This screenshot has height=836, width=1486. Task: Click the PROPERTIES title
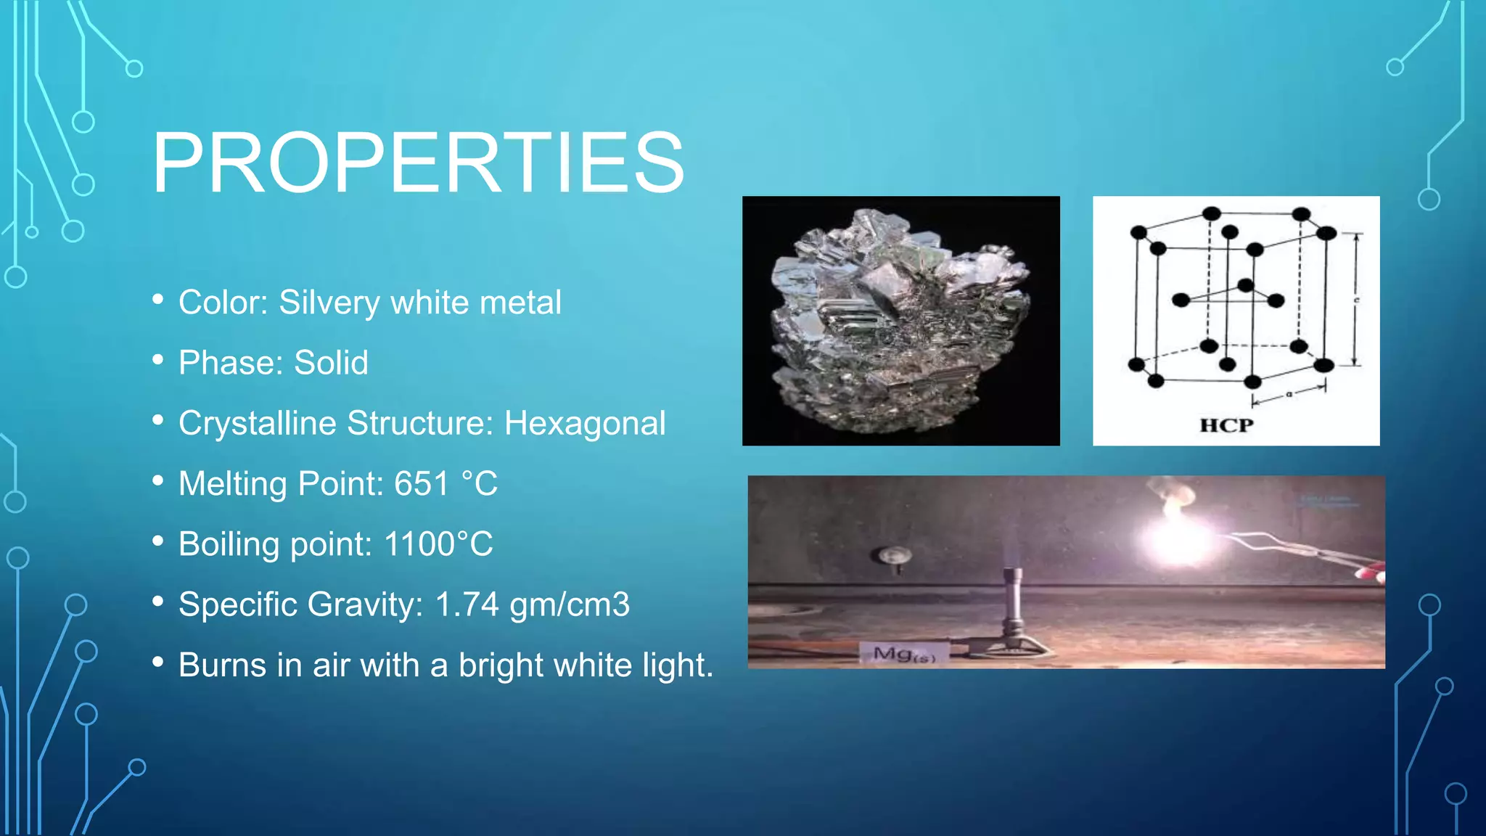coord(418,163)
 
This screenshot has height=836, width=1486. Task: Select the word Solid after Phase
coord(331,363)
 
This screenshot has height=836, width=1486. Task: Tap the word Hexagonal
coord(585,423)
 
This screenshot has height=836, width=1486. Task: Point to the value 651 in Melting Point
coord(422,483)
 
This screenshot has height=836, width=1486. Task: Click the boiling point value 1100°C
coord(438,544)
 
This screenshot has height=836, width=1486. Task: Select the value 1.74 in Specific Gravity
coord(467,605)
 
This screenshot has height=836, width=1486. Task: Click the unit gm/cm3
coord(570,605)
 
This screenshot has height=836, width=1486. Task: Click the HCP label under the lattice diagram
coord(1226,425)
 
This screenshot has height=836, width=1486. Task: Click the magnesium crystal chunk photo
coord(900,321)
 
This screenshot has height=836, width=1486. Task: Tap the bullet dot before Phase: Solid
coord(158,360)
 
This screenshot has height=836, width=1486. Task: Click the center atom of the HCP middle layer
coord(1245,285)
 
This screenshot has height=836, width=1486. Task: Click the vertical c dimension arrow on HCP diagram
coord(1354,299)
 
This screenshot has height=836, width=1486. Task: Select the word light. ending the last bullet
coord(678,665)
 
